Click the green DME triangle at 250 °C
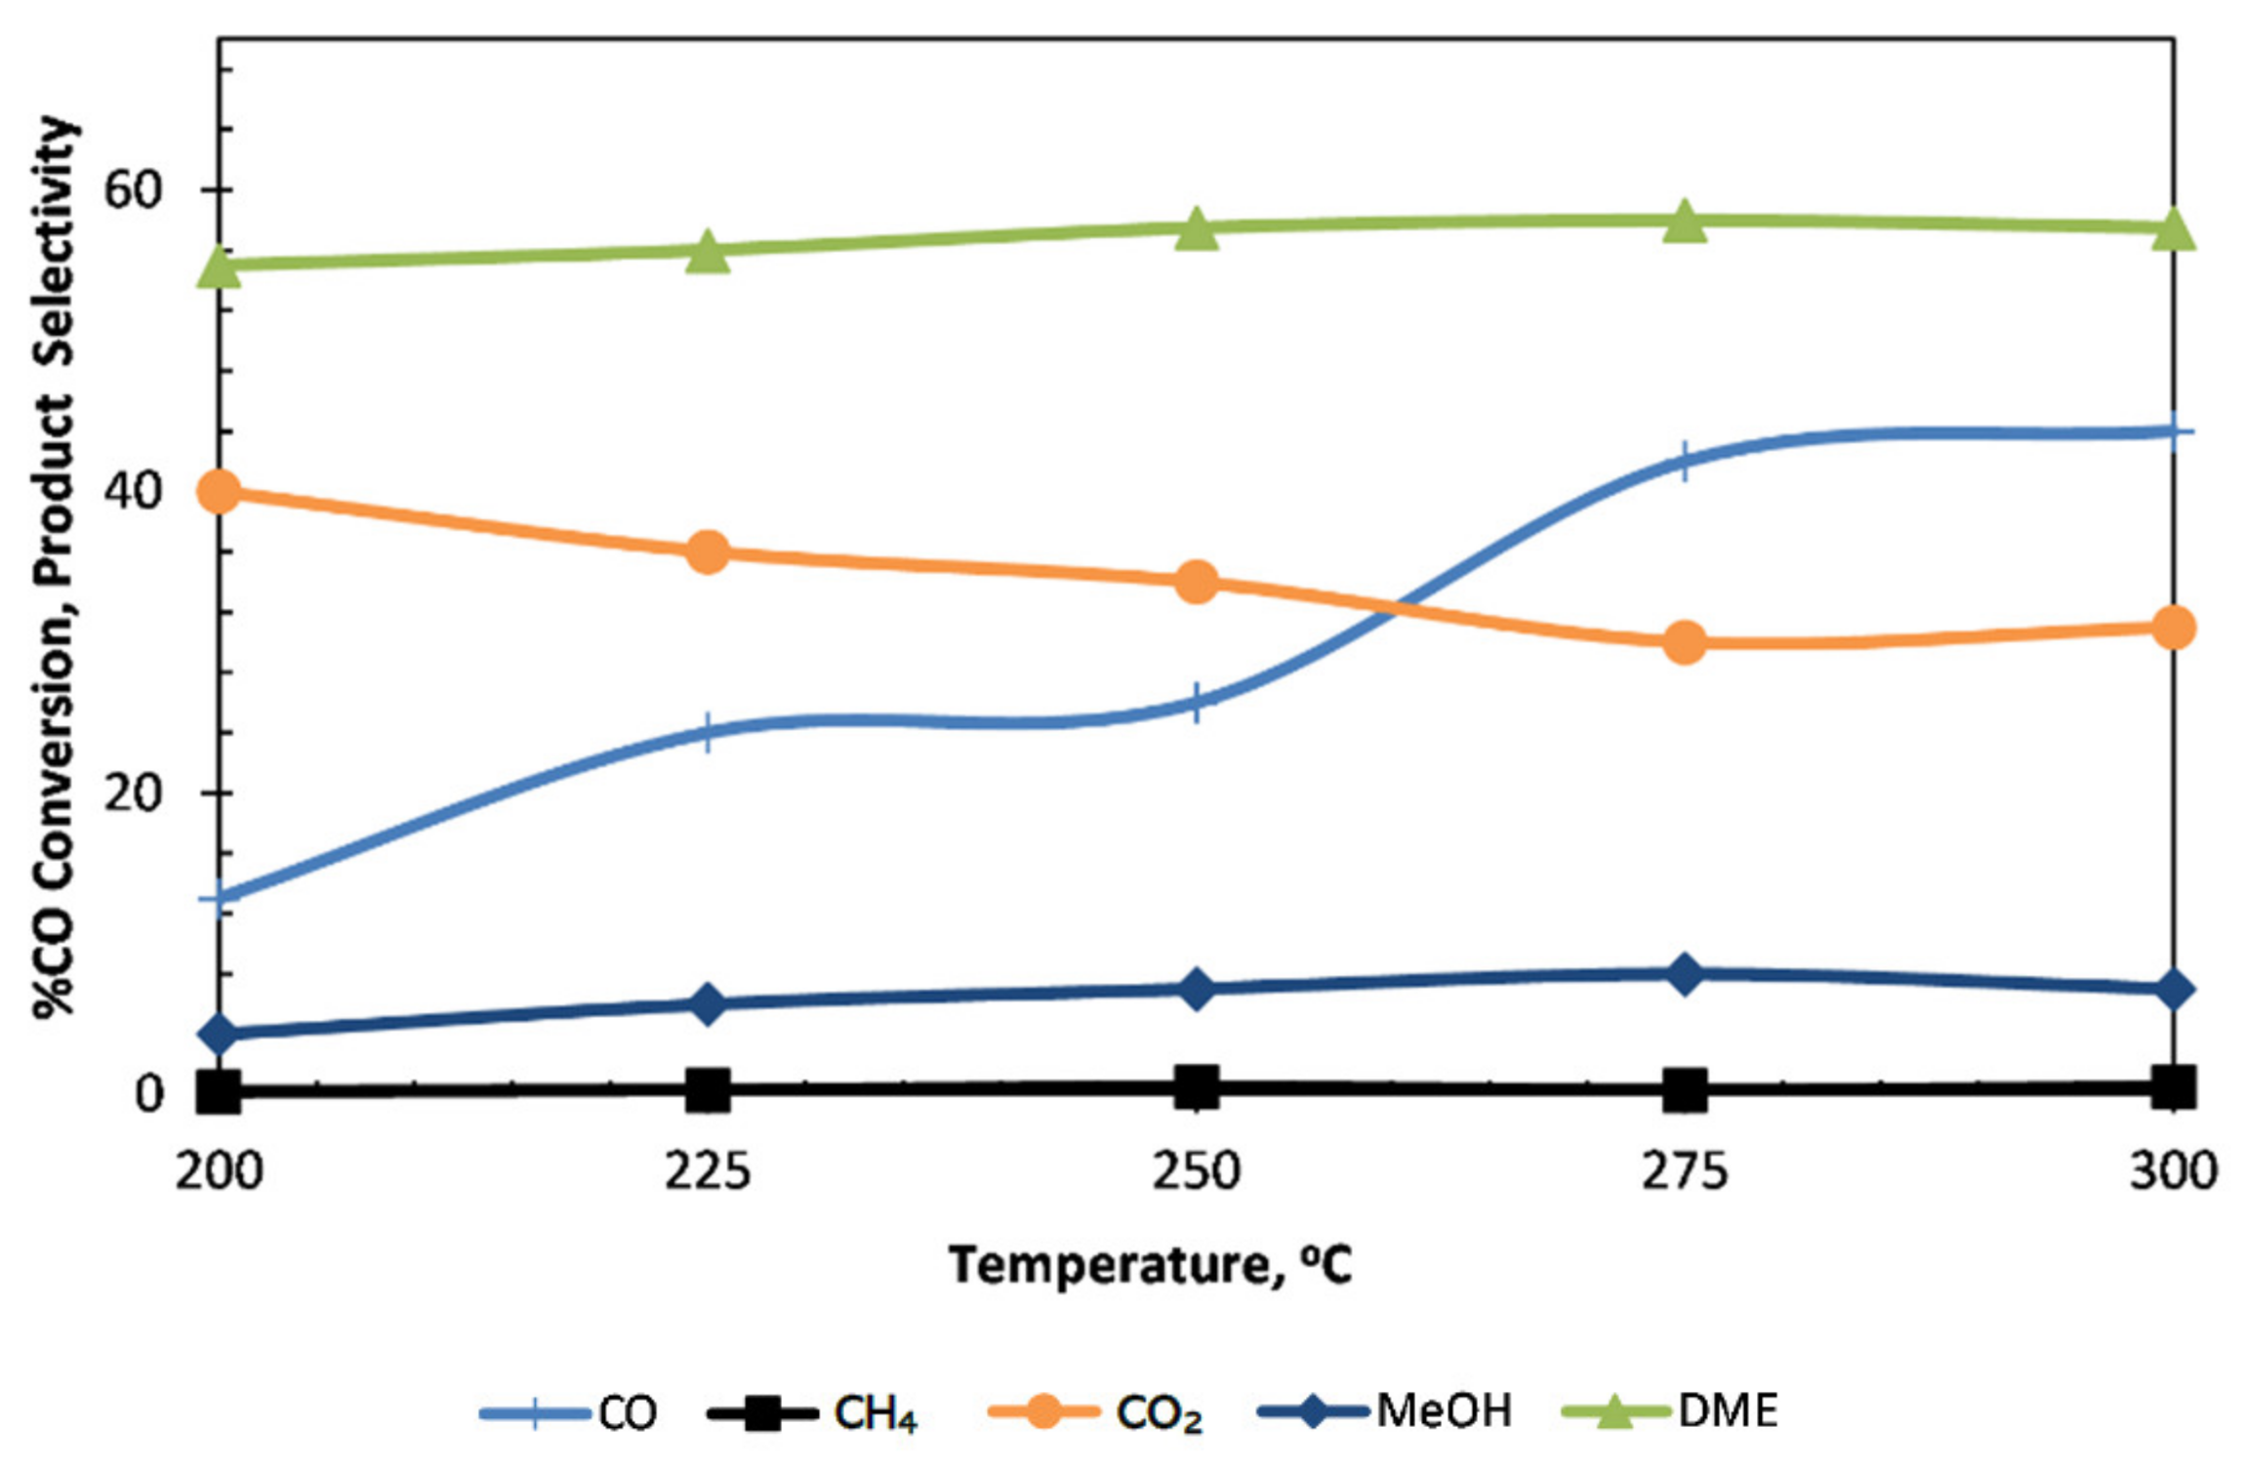[1197, 230]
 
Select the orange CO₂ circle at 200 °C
[220, 492]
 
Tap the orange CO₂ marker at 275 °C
[1685, 643]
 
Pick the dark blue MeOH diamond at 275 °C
[1685, 974]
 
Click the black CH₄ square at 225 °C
[708, 1090]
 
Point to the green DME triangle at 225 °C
[708, 253]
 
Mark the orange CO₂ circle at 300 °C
[2174, 628]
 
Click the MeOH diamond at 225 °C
[708, 1004]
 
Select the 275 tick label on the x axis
[1685, 1171]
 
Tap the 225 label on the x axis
[708, 1171]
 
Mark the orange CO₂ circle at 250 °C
[1197, 583]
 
